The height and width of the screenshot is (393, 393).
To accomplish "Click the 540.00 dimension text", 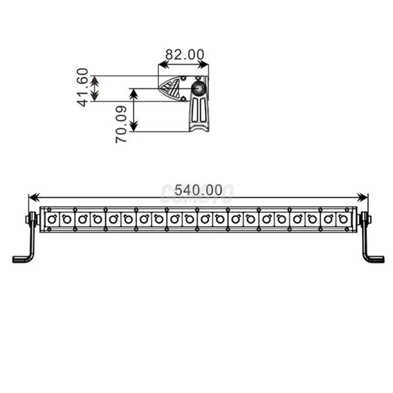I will point(198,190).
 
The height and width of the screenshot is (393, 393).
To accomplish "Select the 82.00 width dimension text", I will point(184,54).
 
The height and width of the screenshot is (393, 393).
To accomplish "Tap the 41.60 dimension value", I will point(83,87).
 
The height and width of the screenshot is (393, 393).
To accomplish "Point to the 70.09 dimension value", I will point(121,124).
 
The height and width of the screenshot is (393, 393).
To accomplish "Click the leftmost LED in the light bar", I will point(52,219).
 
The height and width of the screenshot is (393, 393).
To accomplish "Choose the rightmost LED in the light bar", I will point(343,219).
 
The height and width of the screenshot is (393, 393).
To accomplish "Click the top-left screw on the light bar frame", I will point(49,210).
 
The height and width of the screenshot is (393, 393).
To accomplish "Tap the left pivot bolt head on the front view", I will point(29,219).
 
